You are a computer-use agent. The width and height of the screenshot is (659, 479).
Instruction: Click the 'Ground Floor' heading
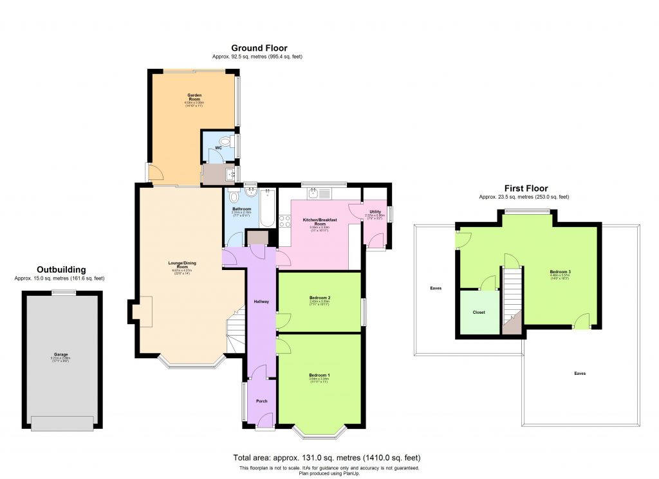pos(259,48)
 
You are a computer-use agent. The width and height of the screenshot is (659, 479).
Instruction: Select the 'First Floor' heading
pos(523,188)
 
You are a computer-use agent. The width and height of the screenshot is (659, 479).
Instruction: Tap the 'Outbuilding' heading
pos(61,269)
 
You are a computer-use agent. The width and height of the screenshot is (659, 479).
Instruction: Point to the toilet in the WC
pos(225,141)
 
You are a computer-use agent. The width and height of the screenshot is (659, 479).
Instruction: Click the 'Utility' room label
pos(375,212)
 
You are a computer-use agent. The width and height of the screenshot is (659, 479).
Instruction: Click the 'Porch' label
pos(261,401)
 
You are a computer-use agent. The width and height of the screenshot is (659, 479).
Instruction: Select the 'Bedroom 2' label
pos(319,298)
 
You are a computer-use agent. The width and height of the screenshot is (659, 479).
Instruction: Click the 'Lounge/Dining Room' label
pos(178,265)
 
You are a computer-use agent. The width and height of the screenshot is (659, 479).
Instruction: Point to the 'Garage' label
pos(60,354)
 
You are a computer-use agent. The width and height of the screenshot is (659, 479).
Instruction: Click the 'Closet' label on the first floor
pos(479,312)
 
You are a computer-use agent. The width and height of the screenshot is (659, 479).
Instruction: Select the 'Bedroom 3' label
pos(560,272)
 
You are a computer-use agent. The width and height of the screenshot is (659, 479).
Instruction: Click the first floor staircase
pos(511,296)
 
